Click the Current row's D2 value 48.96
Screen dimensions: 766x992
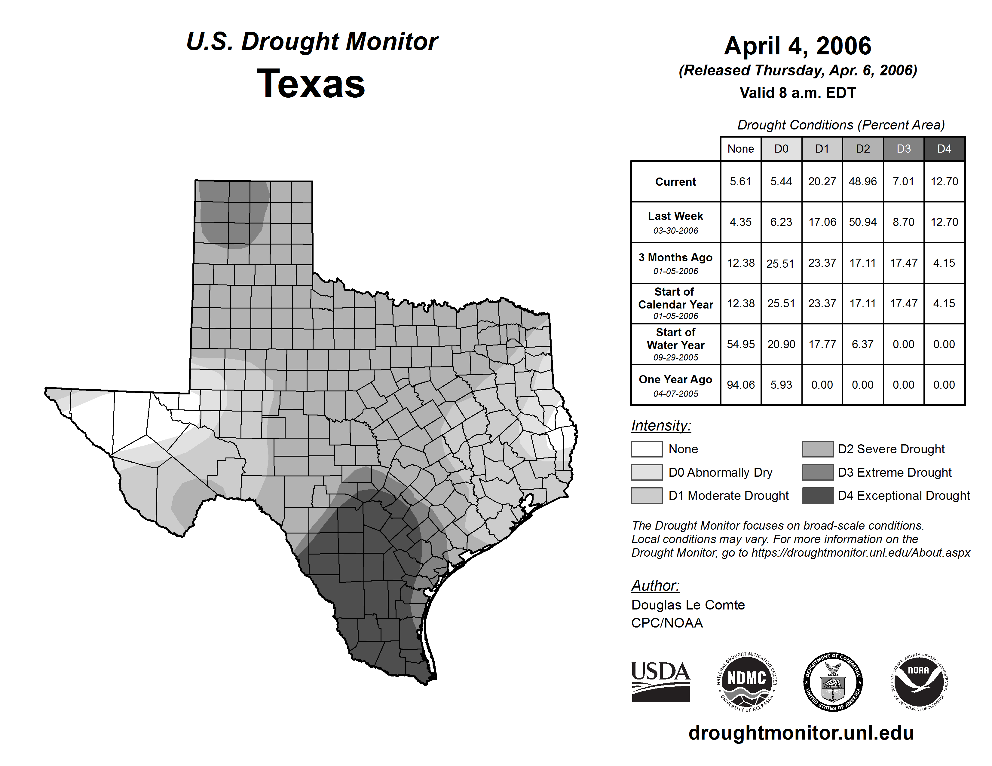(x=862, y=181)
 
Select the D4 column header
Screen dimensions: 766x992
(x=944, y=149)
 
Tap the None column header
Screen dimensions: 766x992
(x=740, y=149)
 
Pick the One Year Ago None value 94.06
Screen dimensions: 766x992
(x=740, y=385)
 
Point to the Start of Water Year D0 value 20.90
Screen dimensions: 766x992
(x=781, y=345)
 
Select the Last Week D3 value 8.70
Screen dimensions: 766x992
(x=903, y=222)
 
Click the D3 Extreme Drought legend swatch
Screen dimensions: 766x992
(x=818, y=473)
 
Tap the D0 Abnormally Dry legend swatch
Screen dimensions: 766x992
(x=646, y=473)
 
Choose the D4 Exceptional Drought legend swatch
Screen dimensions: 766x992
(x=818, y=496)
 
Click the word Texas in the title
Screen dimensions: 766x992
(x=311, y=84)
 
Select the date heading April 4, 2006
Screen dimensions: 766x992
(x=798, y=46)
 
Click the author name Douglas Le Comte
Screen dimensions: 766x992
(x=688, y=605)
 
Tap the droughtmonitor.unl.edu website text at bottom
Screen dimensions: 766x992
(x=801, y=733)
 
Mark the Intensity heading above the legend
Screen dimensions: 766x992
(x=661, y=426)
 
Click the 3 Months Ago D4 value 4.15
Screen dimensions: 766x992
(x=944, y=263)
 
